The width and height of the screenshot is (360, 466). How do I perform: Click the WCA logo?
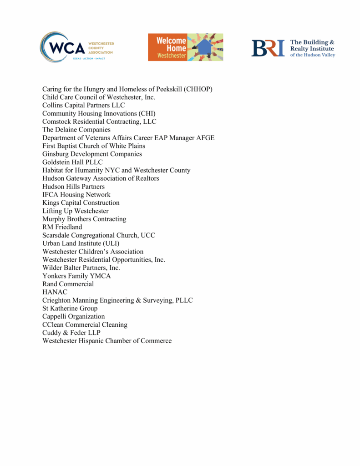click(76, 47)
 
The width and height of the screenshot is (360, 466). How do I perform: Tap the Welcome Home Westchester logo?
click(185, 47)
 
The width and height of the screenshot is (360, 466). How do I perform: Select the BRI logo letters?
click(268, 48)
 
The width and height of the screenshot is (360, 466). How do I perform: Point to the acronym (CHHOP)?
click(198, 89)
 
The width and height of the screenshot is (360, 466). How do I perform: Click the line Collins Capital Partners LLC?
click(83, 106)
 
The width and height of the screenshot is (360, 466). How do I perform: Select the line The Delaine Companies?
click(76, 130)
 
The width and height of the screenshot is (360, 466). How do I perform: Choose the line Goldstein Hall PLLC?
click(72, 162)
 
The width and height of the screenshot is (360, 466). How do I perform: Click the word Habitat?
click(54, 170)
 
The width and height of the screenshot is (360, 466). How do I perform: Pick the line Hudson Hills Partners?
click(73, 187)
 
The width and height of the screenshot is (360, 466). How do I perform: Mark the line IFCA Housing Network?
click(76, 195)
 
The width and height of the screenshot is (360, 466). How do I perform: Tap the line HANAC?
click(55, 292)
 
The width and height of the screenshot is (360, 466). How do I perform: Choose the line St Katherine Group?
click(70, 309)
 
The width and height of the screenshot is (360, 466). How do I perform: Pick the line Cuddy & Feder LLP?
click(72, 333)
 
